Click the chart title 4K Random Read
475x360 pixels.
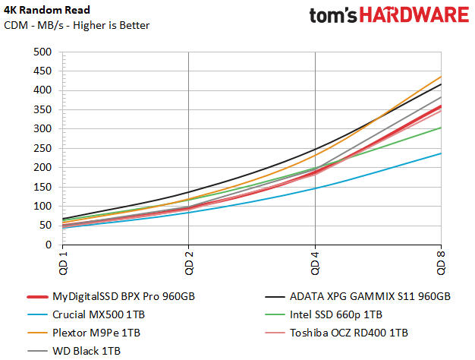pyautogui.click(x=48, y=11)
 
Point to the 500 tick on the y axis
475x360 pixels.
pyautogui.click(x=42, y=52)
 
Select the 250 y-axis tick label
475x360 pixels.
pyautogui.click(x=42, y=148)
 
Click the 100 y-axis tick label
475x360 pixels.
pyautogui.click(x=42, y=206)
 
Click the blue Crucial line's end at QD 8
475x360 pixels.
pyautogui.click(x=441, y=153)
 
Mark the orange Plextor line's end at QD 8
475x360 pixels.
pyautogui.click(x=441, y=77)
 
